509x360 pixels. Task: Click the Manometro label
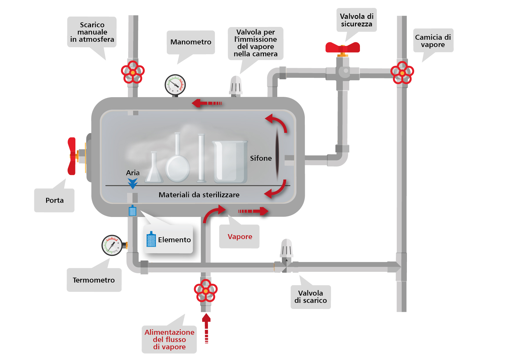click(191, 42)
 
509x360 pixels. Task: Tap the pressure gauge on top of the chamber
click(175, 85)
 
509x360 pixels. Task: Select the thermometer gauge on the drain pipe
click(112, 245)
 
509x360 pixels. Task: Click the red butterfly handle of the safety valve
click(343, 47)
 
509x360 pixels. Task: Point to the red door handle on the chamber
click(72, 156)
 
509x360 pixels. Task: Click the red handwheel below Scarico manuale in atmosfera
click(133, 72)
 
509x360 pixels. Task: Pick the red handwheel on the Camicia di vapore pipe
click(402, 73)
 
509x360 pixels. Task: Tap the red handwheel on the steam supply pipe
click(206, 291)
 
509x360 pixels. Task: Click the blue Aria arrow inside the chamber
click(133, 184)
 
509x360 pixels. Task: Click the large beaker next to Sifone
click(230, 162)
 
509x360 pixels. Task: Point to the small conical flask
click(154, 170)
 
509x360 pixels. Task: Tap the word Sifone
click(261, 158)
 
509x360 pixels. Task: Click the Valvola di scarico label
click(310, 297)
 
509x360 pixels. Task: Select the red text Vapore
click(240, 237)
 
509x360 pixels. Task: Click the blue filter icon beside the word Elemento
click(151, 240)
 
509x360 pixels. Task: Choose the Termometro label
click(94, 280)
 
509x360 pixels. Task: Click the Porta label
click(55, 200)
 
